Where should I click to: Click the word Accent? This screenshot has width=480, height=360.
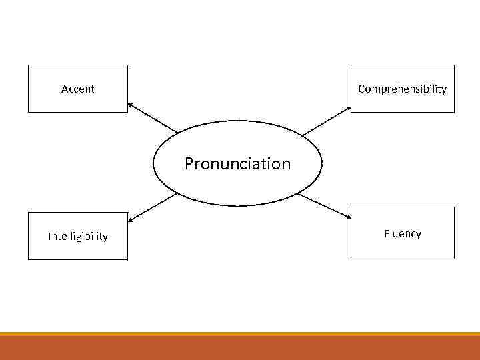77,89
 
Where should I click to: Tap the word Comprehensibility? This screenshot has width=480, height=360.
402,89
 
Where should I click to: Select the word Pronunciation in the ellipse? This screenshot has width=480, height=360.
237,163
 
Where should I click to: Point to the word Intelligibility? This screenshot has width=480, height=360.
77,236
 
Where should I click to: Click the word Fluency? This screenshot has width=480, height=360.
402,233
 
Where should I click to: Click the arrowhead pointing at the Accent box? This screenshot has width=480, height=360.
130,104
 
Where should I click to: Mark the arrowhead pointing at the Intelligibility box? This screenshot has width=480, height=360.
130,219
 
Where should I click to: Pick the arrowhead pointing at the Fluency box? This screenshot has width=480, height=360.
349,217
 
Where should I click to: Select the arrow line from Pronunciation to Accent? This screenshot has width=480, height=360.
154,118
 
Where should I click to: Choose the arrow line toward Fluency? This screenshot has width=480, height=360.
324,206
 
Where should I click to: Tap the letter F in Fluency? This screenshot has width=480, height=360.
386,233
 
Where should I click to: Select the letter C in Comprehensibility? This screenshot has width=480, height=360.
361,89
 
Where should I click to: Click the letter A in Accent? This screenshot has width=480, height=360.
64,89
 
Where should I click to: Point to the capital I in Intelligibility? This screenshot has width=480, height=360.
49,236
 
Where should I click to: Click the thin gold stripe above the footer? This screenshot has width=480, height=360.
240,333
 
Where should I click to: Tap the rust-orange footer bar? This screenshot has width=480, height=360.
240,347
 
